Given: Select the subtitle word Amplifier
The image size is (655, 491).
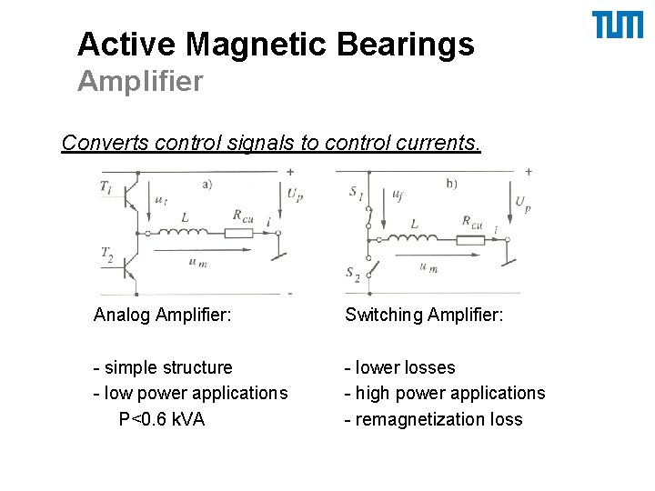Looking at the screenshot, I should click(140, 82).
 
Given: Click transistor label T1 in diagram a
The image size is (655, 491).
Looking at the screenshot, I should click(107, 186).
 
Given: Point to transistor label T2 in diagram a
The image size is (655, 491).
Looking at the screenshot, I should click(107, 252).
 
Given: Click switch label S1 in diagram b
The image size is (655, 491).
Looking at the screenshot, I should click(355, 192).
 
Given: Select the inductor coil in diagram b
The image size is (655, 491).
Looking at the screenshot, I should click(415, 238).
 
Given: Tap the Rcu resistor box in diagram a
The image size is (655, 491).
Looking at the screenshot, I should click(238, 233).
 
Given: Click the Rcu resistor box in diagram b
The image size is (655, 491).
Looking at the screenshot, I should click(470, 239).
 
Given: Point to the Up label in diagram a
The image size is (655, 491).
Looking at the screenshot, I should click(294, 194).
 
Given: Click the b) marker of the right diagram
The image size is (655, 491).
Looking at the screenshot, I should click(451, 184).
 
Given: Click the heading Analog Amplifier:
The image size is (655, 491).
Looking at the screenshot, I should click(162, 316).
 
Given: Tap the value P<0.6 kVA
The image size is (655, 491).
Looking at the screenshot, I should click(162, 419).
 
